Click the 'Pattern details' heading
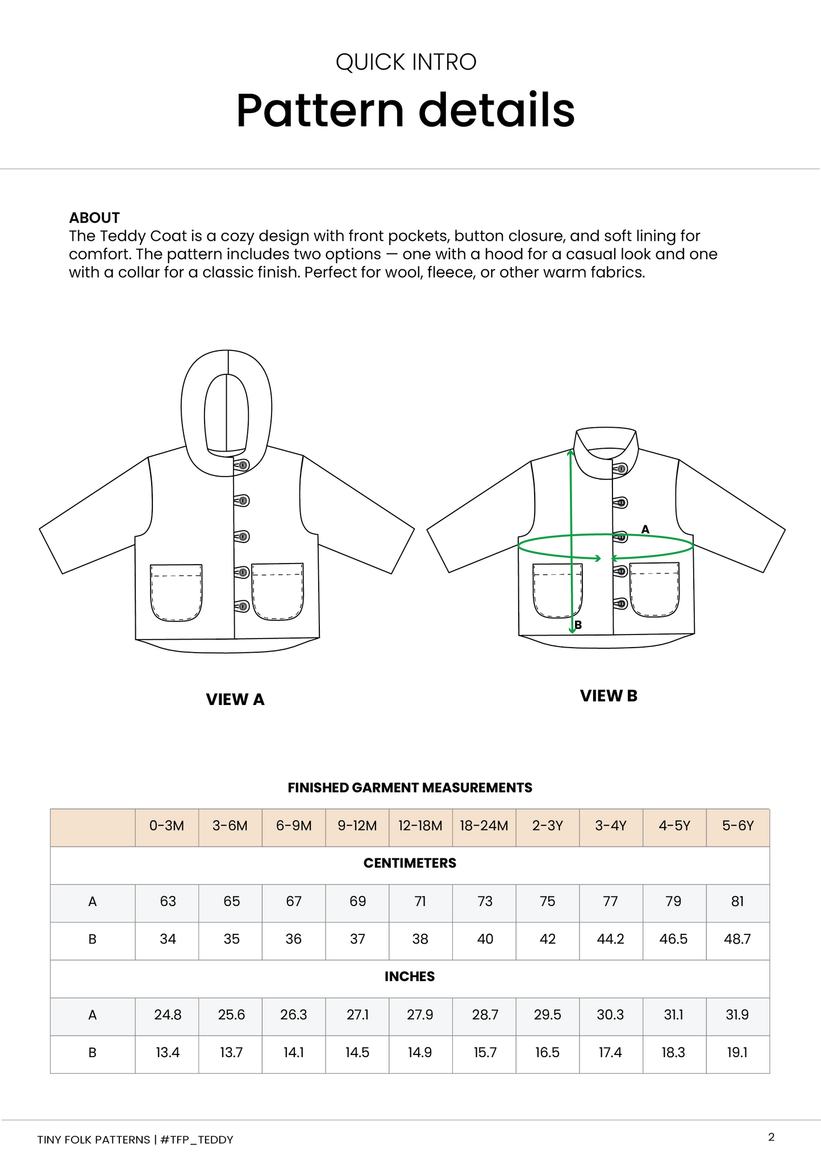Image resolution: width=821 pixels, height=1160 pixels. pyautogui.click(x=405, y=110)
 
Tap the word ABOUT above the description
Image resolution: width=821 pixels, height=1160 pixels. pyautogui.click(x=94, y=218)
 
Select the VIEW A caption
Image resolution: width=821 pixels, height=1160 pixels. pyautogui.click(x=235, y=699)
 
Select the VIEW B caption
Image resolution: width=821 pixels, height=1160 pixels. pyautogui.click(x=609, y=696)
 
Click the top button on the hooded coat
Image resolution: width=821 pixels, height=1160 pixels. pyautogui.click(x=243, y=465)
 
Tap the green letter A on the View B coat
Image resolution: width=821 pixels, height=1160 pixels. pyautogui.click(x=645, y=529)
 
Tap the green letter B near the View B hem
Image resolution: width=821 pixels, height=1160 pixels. pyautogui.click(x=578, y=625)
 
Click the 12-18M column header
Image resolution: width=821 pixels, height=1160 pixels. pyautogui.click(x=420, y=826)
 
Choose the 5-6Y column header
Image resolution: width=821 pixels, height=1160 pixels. pyautogui.click(x=737, y=826)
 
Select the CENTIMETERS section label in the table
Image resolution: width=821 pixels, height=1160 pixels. pyautogui.click(x=410, y=863)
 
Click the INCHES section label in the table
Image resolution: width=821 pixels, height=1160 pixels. pyautogui.click(x=410, y=977)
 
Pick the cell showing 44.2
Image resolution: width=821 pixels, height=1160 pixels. pyautogui.click(x=611, y=939)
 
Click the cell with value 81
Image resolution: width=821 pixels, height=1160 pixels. pyautogui.click(x=737, y=902)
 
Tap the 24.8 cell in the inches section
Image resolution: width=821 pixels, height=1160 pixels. pyautogui.click(x=168, y=1015)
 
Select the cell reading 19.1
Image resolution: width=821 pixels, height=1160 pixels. pyautogui.click(x=737, y=1053)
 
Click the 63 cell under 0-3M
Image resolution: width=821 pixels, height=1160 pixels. pyautogui.click(x=168, y=902)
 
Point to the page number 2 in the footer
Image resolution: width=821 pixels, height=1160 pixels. pyautogui.click(x=771, y=1137)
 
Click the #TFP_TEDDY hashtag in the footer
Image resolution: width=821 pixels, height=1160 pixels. pyautogui.click(x=197, y=1140)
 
